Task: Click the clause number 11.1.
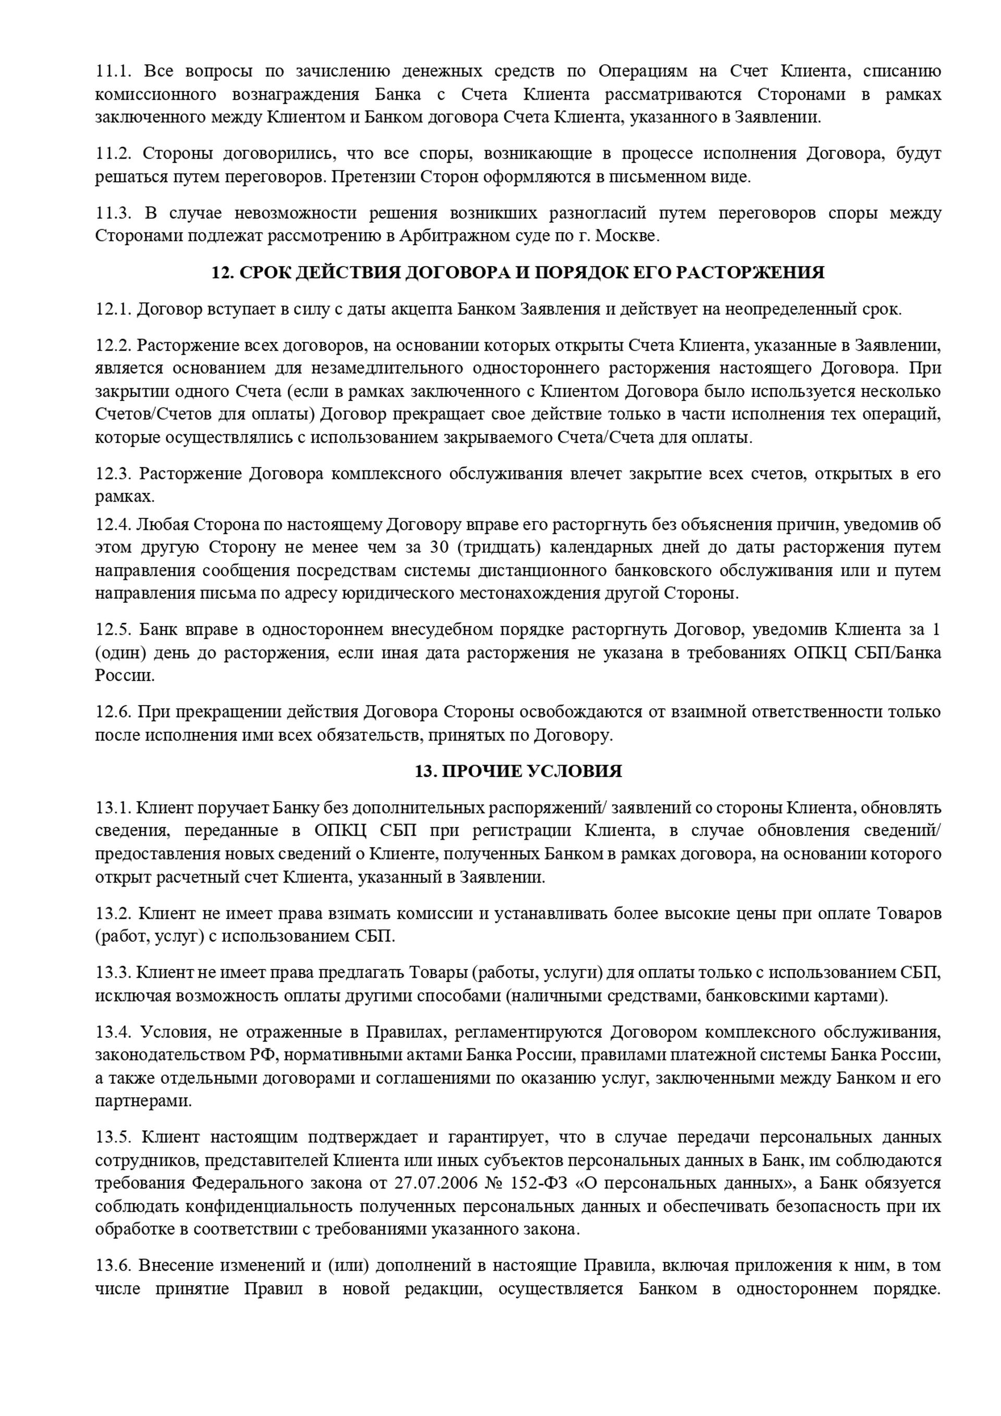click(114, 71)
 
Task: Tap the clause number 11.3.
click(114, 213)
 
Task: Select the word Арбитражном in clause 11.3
click(449, 236)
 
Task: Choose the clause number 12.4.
click(114, 525)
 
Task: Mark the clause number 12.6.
click(114, 712)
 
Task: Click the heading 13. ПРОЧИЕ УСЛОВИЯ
click(518, 771)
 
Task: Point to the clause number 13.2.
click(114, 913)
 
